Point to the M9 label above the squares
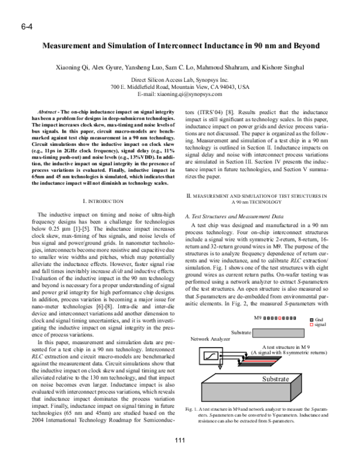[258, 317]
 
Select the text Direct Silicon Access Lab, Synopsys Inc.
[180, 80]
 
